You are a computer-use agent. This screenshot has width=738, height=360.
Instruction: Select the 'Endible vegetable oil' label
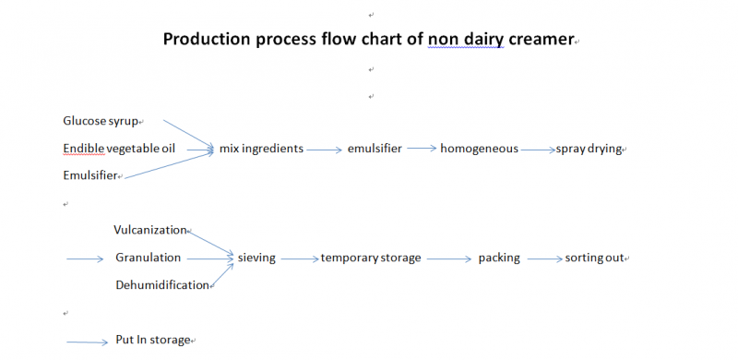click(119, 148)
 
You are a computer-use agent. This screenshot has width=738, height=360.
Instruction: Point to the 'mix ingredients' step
click(261, 148)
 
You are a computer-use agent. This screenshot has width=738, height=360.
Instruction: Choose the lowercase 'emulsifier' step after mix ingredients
click(375, 148)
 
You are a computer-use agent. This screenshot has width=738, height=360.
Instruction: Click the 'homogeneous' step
click(479, 148)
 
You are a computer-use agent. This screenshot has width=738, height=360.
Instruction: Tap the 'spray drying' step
click(589, 148)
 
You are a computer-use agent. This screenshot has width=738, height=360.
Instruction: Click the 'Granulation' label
click(148, 258)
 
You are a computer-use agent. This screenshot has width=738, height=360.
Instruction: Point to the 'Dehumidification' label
click(162, 285)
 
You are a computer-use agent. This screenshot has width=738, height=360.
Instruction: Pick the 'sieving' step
click(256, 258)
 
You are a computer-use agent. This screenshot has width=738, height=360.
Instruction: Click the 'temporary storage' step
click(371, 258)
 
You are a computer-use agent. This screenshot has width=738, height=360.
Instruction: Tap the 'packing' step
click(499, 258)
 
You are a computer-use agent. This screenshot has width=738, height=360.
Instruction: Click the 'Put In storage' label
click(152, 340)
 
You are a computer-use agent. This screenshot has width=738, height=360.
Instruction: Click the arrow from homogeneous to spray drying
click(537, 149)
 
